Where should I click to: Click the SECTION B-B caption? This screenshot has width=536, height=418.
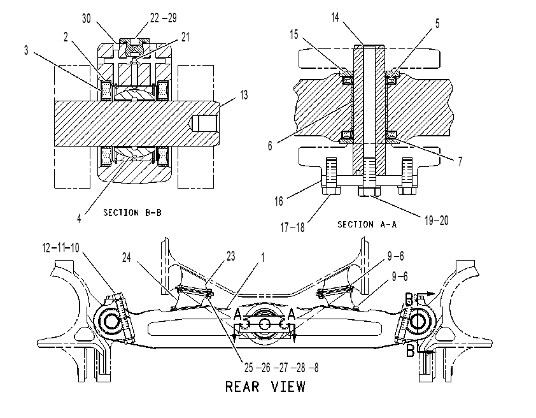(x=132, y=213)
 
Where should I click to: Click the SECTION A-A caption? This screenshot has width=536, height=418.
(x=367, y=224)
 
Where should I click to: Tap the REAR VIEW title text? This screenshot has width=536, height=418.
(x=265, y=387)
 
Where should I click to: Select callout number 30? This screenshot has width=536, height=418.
(x=87, y=18)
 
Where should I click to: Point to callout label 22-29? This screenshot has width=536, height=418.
(x=164, y=18)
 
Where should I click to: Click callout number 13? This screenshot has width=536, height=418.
(x=244, y=95)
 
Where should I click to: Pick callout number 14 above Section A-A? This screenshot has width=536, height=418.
(x=335, y=17)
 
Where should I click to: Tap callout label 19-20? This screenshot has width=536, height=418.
(x=436, y=220)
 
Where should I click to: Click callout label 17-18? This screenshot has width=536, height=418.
(x=292, y=227)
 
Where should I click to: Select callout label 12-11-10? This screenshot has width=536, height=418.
(x=60, y=247)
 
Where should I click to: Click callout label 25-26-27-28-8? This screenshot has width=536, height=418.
(x=281, y=368)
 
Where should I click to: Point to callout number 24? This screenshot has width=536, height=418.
(x=127, y=257)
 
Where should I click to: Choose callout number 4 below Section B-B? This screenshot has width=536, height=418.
(x=79, y=218)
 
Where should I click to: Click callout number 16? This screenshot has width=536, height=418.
(x=279, y=201)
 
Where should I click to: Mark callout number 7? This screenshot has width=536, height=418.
(x=460, y=161)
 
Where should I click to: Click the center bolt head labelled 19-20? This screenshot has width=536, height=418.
(x=369, y=191)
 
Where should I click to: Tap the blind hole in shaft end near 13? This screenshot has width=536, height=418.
(x=205, y=124)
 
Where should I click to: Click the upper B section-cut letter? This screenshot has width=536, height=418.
(x=409, y=298)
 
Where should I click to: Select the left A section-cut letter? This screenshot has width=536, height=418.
(x=238, y=313)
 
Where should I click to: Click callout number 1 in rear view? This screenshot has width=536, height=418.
(x=262, y=257)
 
